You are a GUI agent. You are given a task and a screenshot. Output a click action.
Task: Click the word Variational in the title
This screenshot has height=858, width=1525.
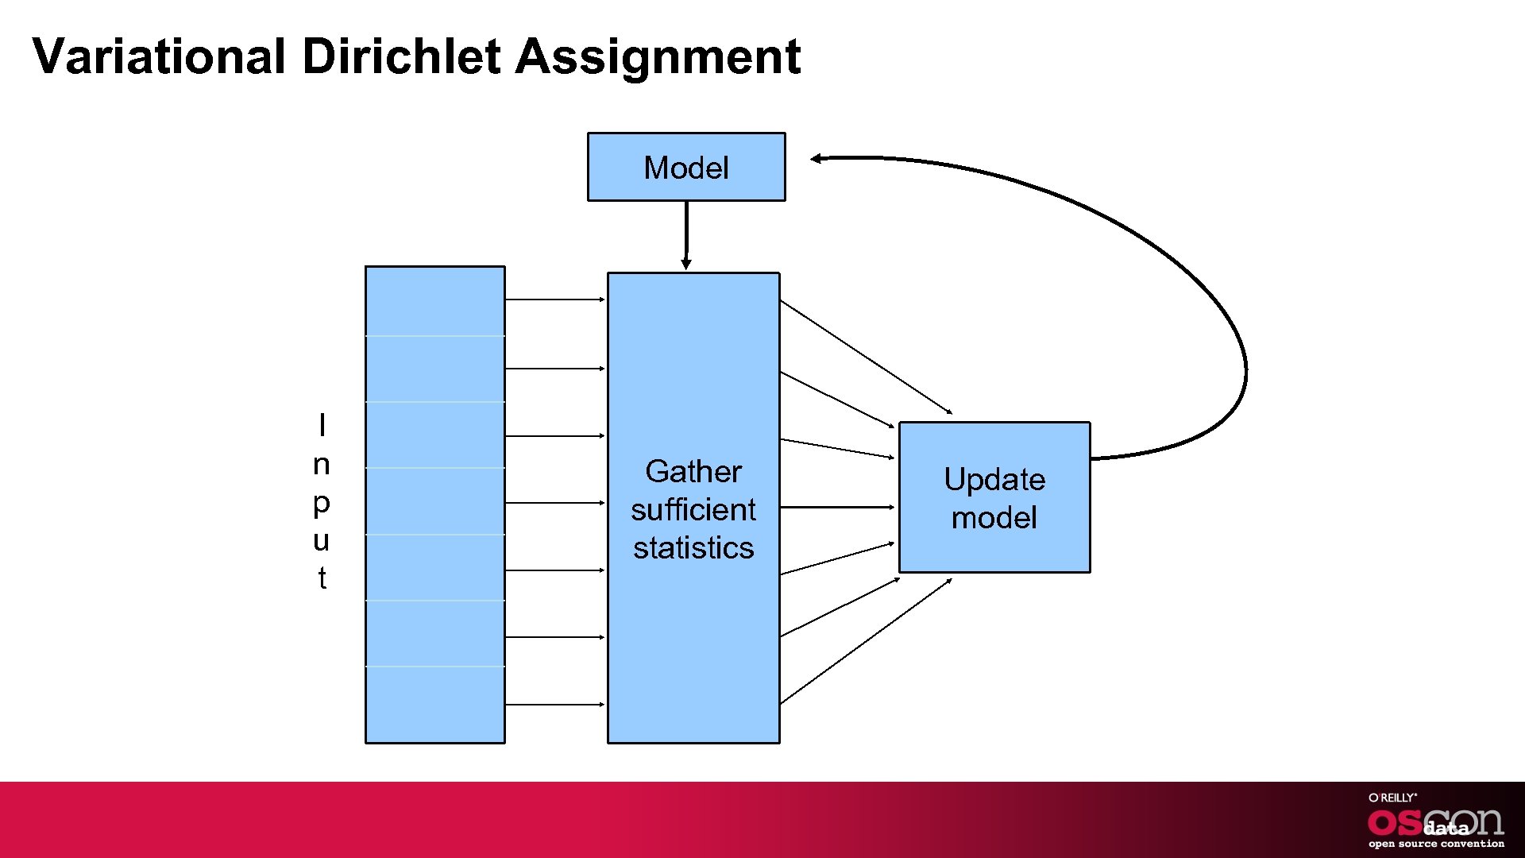pyautogui.click(x=159, y=56)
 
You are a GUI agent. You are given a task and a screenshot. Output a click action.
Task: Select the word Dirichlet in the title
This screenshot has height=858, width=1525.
pyautogui.click(x=401, y=56)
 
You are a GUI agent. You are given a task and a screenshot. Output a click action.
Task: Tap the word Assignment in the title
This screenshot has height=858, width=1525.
pyautogui.click(x=658, y=58)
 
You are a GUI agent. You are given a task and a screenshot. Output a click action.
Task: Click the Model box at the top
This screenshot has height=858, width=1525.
pyautogui.click(x=686, y=167)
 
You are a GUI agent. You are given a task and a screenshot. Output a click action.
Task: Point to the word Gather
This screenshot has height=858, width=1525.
pyautogui.click(x=693, y=471)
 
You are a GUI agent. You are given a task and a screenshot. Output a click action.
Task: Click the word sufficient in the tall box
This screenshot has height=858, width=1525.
pyautogui.click(x=693, y=509)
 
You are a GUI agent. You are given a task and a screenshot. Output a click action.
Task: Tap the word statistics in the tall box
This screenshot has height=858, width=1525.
pyautogui.click(x=693, y=547)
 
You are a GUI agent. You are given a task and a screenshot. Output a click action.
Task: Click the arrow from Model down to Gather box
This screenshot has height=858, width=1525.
pyautogui.click(x=686, y=234)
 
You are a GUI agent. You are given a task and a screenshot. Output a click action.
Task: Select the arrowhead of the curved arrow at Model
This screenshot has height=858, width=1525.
pyautogui.click(x=817, y=159)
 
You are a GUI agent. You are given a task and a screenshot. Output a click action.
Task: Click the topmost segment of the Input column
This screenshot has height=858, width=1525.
pyautogui.click(x=434, y=301)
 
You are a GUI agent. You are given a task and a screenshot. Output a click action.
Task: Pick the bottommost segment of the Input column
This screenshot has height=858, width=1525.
pyautogui.click(x=434, y=705)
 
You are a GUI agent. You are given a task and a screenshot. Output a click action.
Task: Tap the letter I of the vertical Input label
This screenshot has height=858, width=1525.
pyautogui.click(x=322, y=425)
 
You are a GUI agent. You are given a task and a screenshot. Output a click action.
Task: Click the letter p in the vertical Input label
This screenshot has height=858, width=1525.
pyautogui.click(x=321, y=503)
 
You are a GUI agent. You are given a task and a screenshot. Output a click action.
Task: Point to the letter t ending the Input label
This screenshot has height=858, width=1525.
pyautogui.click(x=322, y=578)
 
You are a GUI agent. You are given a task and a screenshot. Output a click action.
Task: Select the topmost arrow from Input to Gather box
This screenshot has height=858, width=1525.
pyautogui.click(x=554, y=300)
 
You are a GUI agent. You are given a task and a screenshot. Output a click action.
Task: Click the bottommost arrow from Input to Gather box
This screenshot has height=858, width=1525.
pyautogui.click(x=554, y=705)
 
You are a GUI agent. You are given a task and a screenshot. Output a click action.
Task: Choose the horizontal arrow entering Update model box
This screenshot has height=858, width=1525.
pyautogui.click(x=838, y=507)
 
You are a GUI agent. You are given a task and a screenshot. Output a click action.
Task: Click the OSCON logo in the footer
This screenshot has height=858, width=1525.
pyautogui.click(x=1435, y=823)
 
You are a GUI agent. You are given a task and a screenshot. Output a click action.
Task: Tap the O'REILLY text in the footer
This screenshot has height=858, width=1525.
pyautogui.click(x=1392, y=798)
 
